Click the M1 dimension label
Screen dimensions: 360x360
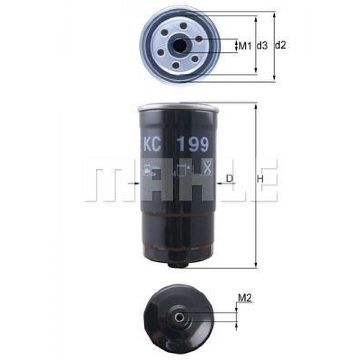pyautogui.click(x=245, y=46)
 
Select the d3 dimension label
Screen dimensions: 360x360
pyautogui.click(x=262, y=46)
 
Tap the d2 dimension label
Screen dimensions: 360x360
pyautogui.click(x=280, y=45)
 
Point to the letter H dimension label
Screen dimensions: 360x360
pyautogui.click(x=260, y=179)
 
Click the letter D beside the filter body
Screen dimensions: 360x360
pyautogui.click(x=229, y=178)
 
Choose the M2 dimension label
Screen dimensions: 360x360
pyautogui.click(x=245, y=298)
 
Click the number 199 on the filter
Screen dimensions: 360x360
pyautogui.click(x=194, y=144)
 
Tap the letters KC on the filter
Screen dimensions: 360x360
pyautogui.click(x=152, y=144)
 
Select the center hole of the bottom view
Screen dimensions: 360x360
pyautogui.click(x=179, y=318)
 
